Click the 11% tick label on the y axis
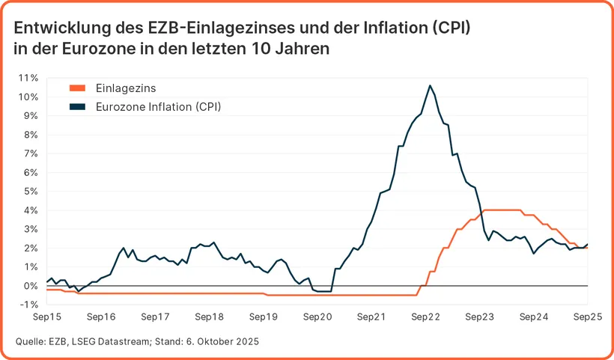28,78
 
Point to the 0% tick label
31,286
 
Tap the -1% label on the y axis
28,305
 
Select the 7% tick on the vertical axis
31,153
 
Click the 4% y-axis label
31,210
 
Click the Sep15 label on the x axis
46,317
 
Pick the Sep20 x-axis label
317,317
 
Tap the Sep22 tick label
425,317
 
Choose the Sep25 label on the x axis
588,317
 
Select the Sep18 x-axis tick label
209,317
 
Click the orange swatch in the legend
78,88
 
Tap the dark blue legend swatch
78,107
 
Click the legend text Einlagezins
126,88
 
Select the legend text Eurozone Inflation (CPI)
159,107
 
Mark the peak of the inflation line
430,85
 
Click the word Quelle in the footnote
29,342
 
